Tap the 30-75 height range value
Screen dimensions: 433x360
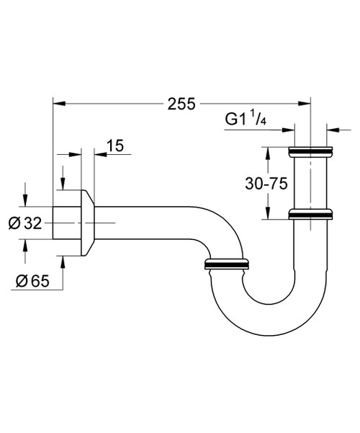pos(266,184)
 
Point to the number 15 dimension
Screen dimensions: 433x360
pos(114,146)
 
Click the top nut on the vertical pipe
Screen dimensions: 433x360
pos(311,153)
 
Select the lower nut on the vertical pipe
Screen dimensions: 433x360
pos(311,214)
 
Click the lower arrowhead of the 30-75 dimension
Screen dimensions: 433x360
pos(268,213)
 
